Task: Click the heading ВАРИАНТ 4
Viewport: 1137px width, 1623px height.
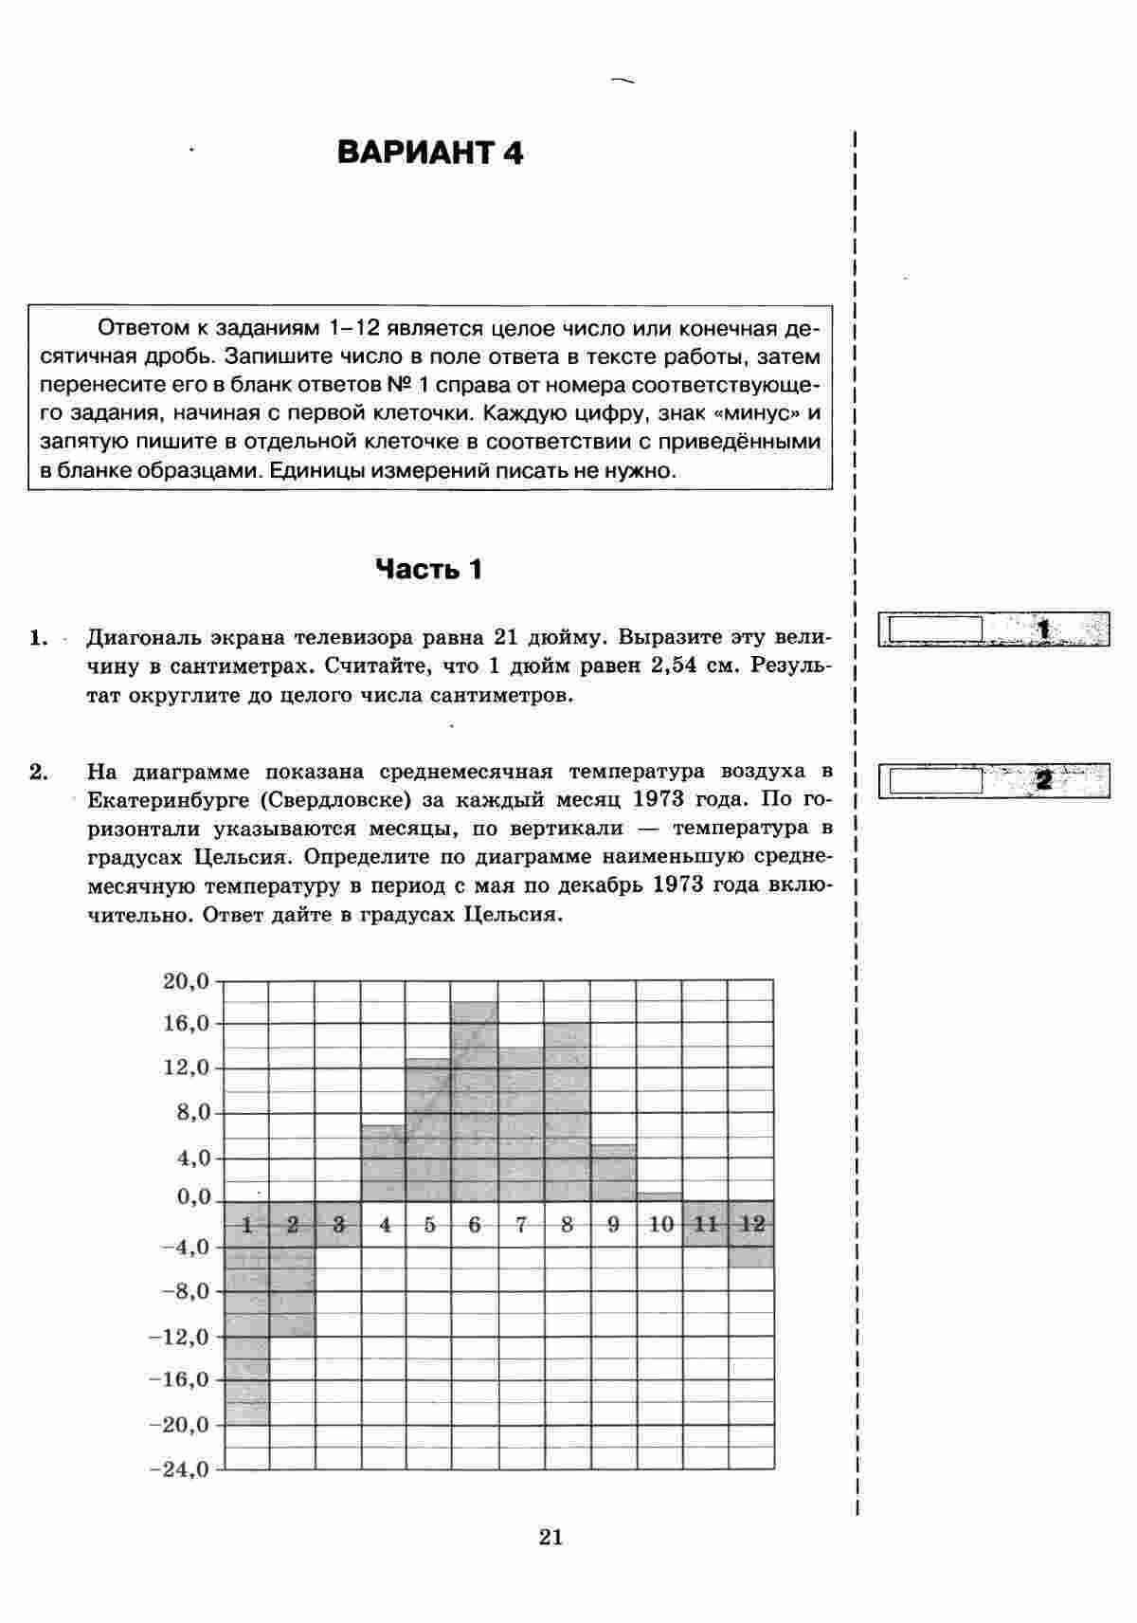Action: (x=430, y=154)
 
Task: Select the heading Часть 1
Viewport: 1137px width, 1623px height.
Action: (x=429, y=569)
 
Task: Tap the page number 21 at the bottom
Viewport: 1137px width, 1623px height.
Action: (x=550, y=1537)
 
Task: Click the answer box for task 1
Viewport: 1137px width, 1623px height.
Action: (x=932, y=629)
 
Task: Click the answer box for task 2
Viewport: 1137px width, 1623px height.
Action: (x=932, y=780)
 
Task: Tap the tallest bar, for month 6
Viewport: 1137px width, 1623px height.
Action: (x=474, y=1100)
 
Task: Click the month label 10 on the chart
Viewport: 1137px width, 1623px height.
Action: (x=660, y=1225)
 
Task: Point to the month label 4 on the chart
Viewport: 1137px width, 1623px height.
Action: (x=385, y=1225)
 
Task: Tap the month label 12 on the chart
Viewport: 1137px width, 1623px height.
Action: (x=751, y=1224)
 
